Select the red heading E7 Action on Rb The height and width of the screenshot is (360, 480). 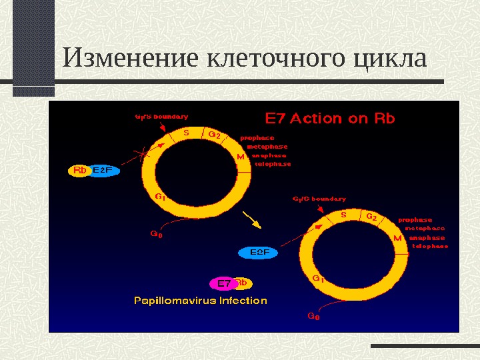[331, 119]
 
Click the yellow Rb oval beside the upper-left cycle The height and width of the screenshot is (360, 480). [80, 171]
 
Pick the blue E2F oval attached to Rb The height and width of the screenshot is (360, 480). [103, 171]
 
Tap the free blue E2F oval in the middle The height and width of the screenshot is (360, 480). [259, 253]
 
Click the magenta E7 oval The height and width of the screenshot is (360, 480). [224, 283]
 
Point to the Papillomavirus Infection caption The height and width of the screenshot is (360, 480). [201, 301]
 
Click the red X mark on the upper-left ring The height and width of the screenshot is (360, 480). [144, 153]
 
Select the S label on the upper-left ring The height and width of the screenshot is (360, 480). [186, 133]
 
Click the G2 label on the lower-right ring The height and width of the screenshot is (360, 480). [371, 217]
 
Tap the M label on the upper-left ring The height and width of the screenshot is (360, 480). [241, 157]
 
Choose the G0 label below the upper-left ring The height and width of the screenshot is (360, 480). [155, 234]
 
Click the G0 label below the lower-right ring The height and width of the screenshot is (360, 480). [313, 317]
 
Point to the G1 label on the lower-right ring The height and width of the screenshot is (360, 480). [318, 279]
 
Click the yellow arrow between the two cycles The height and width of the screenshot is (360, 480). [251, 218]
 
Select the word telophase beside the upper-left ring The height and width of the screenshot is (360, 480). [273, 164]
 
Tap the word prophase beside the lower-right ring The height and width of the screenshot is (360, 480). [415, 220]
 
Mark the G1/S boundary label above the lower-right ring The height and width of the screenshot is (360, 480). [319, 199]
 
